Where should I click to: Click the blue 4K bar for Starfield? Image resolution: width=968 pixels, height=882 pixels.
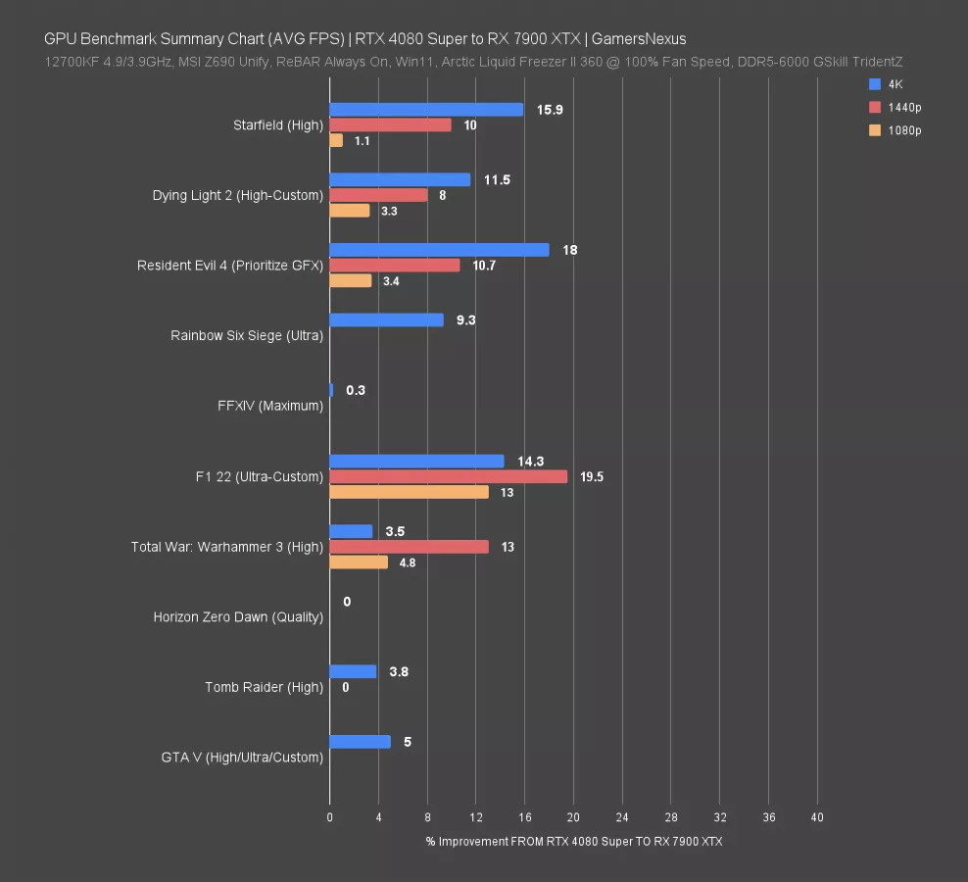[x=426, y=110]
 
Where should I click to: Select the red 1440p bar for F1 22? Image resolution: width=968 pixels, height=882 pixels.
[x=448, y=476]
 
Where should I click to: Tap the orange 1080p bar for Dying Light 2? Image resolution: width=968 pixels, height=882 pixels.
[x=350, y=211]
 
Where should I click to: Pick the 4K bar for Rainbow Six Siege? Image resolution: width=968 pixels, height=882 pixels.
[x=386, y=320]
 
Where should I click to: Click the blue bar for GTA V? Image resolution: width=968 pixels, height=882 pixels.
[x=360, y=742]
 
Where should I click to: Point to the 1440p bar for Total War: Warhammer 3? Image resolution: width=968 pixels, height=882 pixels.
[x=409, y=547]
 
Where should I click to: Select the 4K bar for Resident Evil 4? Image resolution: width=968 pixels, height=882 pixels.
[x=439, y=250]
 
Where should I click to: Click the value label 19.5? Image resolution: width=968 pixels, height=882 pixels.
[x=592, y=477]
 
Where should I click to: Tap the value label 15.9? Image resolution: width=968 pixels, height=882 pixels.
[x=550, y=110]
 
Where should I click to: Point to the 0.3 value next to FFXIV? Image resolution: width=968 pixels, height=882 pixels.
[x=356, y=390]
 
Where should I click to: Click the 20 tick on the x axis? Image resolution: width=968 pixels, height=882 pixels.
[x=573, y=816]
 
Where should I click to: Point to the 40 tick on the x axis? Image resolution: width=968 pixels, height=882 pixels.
[x=817, y=816]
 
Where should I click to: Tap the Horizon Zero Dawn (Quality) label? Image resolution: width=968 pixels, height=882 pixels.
[x=238, y=617]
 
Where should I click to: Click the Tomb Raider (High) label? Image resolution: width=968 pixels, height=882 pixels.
[x=264, y=687]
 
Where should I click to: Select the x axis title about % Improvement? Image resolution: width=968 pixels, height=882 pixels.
[x=573, y=842]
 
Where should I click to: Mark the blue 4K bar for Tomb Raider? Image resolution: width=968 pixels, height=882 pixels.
[x=353, y=671]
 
